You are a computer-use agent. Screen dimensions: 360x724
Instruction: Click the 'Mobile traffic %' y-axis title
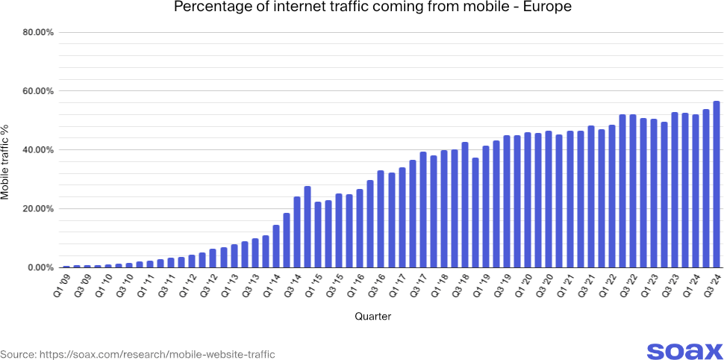[7, 153]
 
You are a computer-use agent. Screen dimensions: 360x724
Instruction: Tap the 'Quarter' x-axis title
[372, 317]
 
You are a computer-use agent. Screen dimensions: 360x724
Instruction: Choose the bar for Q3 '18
[464, 205]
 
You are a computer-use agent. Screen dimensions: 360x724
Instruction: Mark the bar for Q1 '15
[317, 235]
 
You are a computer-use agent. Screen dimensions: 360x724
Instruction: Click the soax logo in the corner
[684, 351]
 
